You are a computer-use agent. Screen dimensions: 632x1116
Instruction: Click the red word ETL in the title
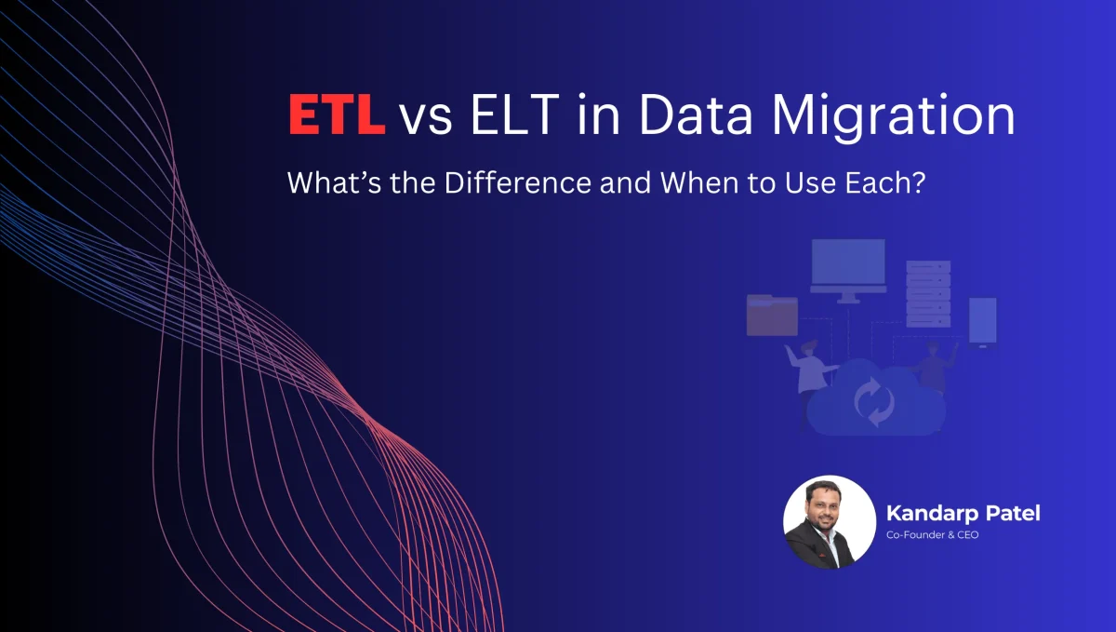tap(336, 119)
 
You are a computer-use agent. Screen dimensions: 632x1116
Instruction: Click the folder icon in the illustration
tap(772, 315)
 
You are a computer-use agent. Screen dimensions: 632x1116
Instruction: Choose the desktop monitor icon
tap(847, 269)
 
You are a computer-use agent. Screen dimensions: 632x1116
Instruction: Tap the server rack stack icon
tap(928, 292)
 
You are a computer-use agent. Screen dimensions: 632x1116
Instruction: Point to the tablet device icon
tap(982, 321)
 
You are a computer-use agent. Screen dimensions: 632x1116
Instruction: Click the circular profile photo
tap(828, 521)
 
